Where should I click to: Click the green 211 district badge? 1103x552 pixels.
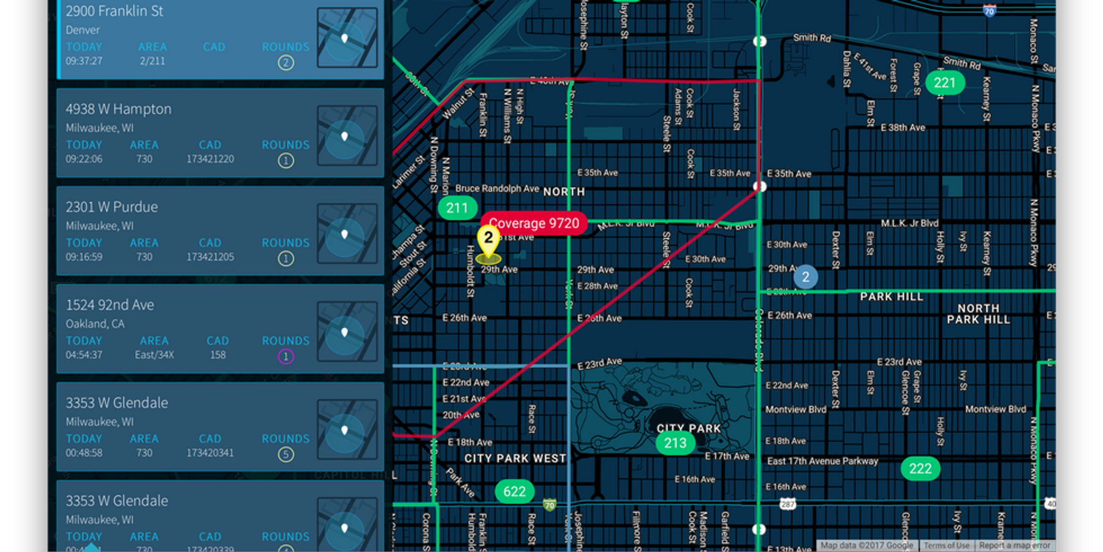point(457,208)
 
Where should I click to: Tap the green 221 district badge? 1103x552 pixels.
point(944,83)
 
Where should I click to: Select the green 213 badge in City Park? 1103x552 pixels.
point(675,443)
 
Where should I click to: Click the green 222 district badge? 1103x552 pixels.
point(920,469)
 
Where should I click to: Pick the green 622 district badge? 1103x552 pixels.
point(514,491)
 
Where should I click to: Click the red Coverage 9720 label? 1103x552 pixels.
point(534,223)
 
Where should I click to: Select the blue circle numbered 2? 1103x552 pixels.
point(805,277)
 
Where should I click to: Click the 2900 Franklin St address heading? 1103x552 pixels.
point(115,11)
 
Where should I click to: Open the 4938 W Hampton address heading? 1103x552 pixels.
point(118,109)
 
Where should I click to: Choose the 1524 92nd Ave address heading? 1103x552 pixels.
point(110,305)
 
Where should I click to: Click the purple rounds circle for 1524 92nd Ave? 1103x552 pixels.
point(286,356)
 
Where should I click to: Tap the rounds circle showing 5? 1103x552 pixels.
point(286,454)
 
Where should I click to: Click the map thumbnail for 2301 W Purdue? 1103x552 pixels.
point(346,234)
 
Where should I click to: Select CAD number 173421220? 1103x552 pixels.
point(210,159)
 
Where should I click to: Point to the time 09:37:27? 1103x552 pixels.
point(84,61)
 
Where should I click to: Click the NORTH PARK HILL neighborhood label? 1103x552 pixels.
point(978,314)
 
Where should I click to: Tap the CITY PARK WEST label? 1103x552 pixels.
point(515,458)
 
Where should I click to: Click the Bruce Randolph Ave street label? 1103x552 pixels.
point(497,188)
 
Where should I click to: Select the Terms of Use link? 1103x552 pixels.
point(946,545)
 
